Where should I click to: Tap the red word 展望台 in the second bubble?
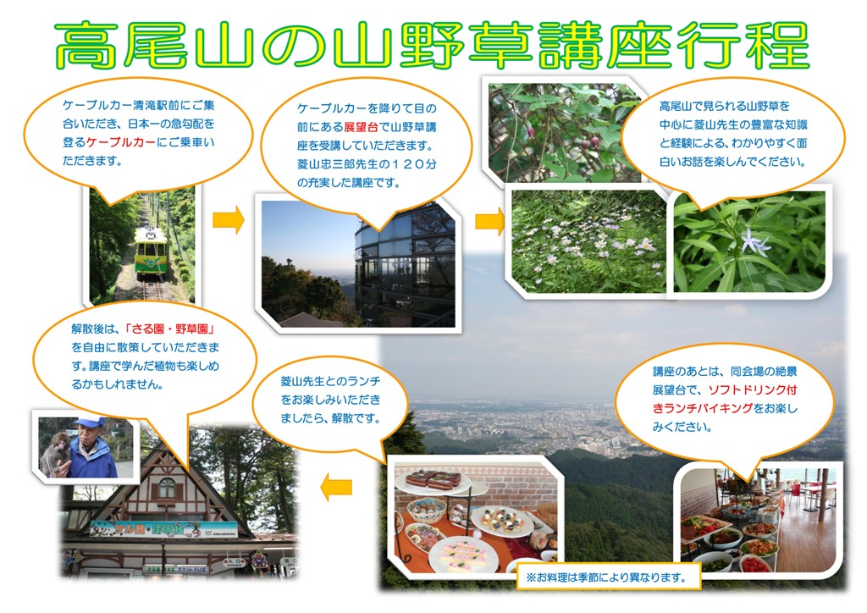tap(361, 127)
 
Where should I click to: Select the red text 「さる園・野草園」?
tap(169, 329)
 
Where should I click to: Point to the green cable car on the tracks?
tap(152, 248)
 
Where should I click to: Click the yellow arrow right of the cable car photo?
tap(229, 219)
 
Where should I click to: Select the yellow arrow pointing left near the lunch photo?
tap(336, 487)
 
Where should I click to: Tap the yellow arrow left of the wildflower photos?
tap(490, 221)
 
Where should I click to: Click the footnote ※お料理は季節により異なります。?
tap(606, 577)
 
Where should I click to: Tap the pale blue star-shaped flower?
tap(755, 241)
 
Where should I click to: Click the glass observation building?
tap(405, 265)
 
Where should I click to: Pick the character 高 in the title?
tap(88, 46)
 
